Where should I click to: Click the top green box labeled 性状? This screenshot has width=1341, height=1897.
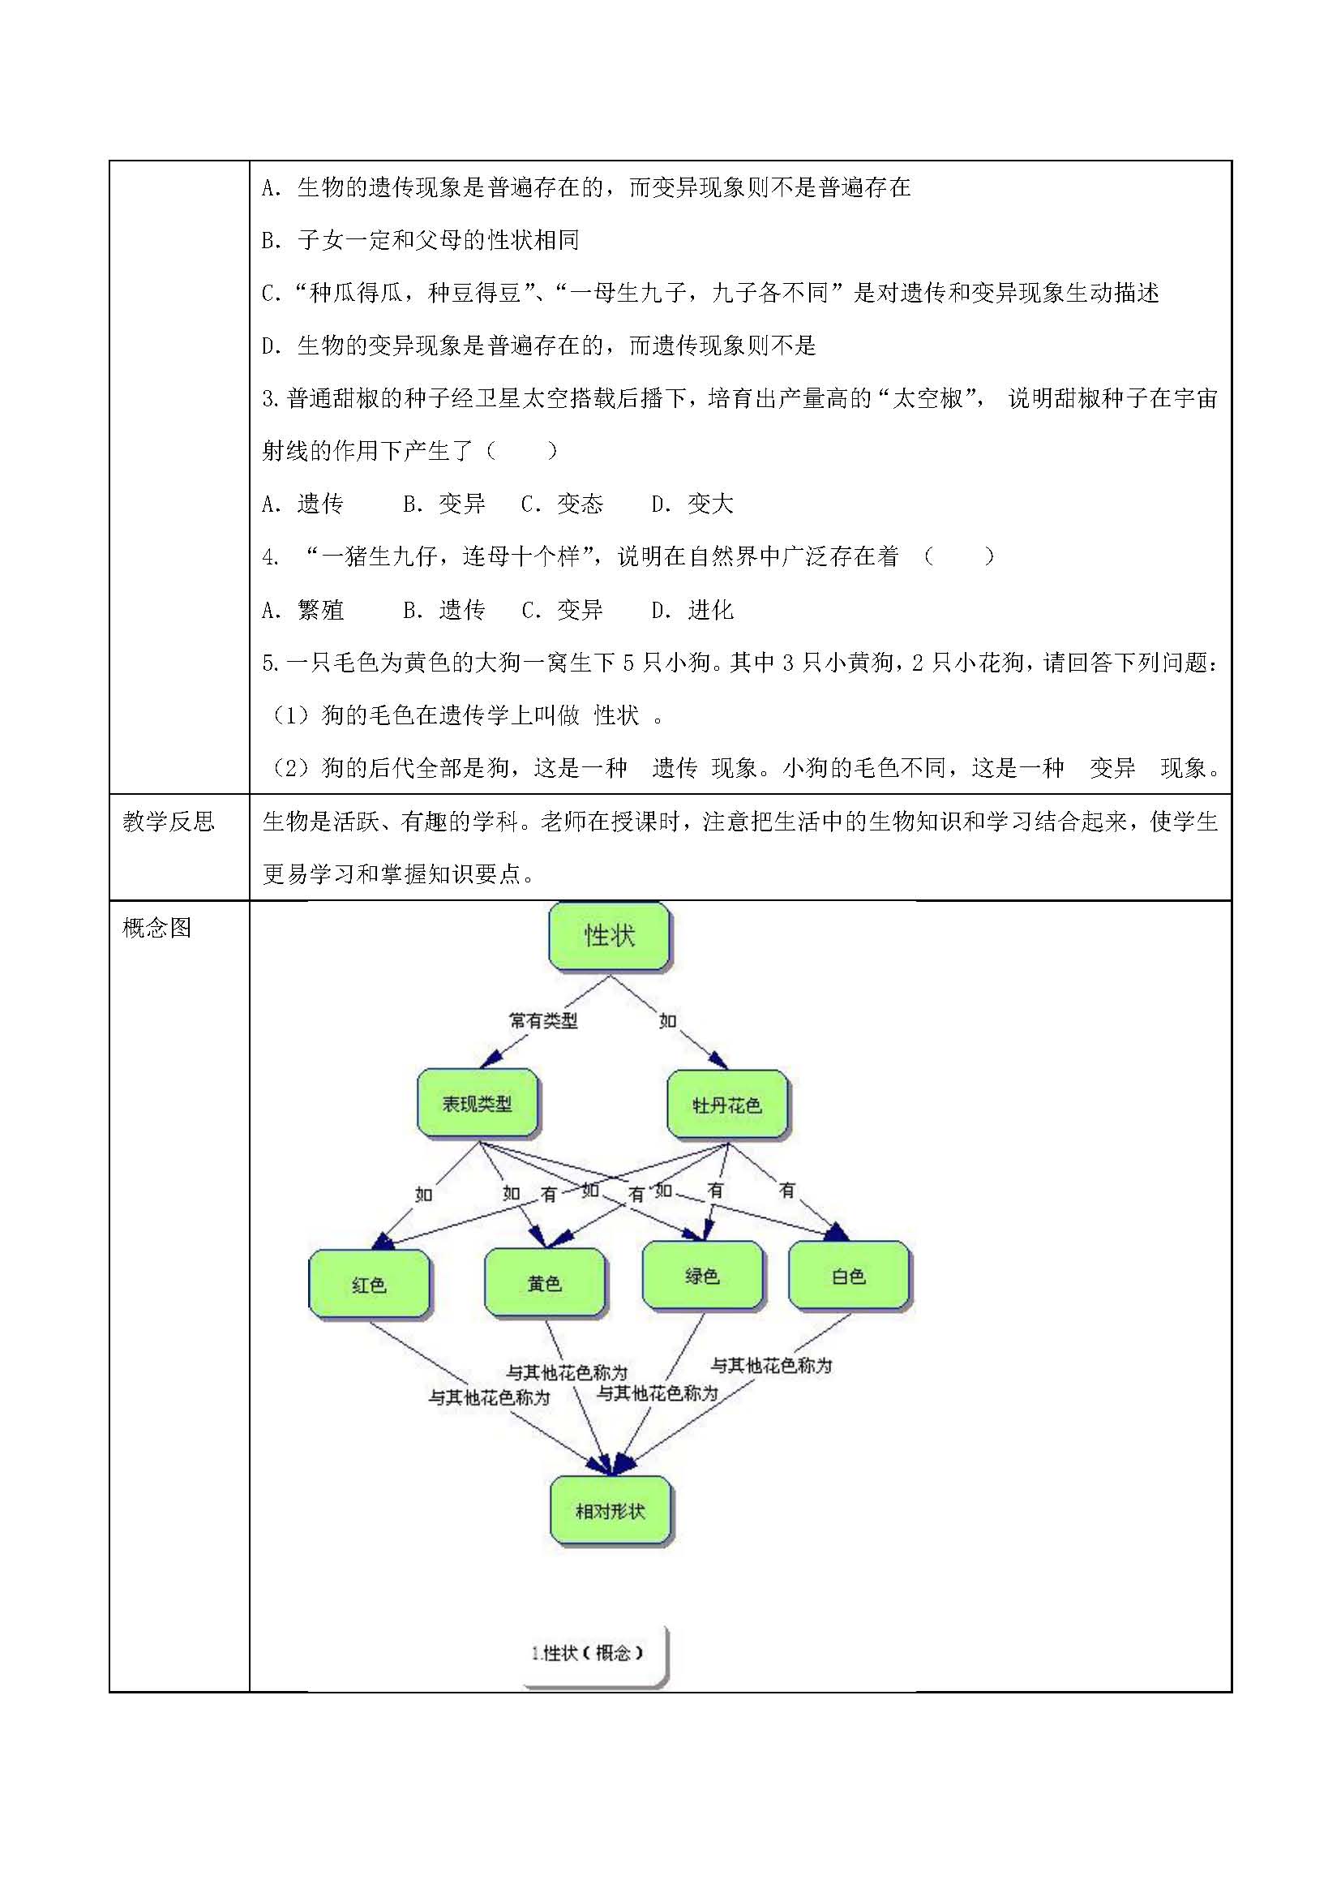click(610, 936)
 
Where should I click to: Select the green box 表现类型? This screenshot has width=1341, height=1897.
click(478, 1104)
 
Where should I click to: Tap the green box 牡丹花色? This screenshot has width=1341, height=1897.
click(726, 1105)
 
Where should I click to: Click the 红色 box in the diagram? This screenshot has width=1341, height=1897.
click(369, 1284)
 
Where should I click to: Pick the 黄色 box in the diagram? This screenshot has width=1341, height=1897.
click(544, 1282)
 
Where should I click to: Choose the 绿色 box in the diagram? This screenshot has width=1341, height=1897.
click(703, 1276)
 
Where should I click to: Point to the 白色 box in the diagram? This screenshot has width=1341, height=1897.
click(849, 1277)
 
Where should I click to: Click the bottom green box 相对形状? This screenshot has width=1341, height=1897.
click(611, 1511)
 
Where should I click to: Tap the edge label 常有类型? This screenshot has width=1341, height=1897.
click(543, 1021)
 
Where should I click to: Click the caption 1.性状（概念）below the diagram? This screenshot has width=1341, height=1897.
click(588, 1653)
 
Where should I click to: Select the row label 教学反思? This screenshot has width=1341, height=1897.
click(169, 822)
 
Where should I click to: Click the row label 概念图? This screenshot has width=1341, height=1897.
click(157, 928)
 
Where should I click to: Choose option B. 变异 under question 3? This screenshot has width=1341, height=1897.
click(444, 504)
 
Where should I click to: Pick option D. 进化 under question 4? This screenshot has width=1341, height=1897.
click(692, 610)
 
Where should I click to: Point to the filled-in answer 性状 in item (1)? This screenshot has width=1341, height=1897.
click(617, 715)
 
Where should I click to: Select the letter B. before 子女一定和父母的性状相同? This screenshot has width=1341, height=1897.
click(272, 240)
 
